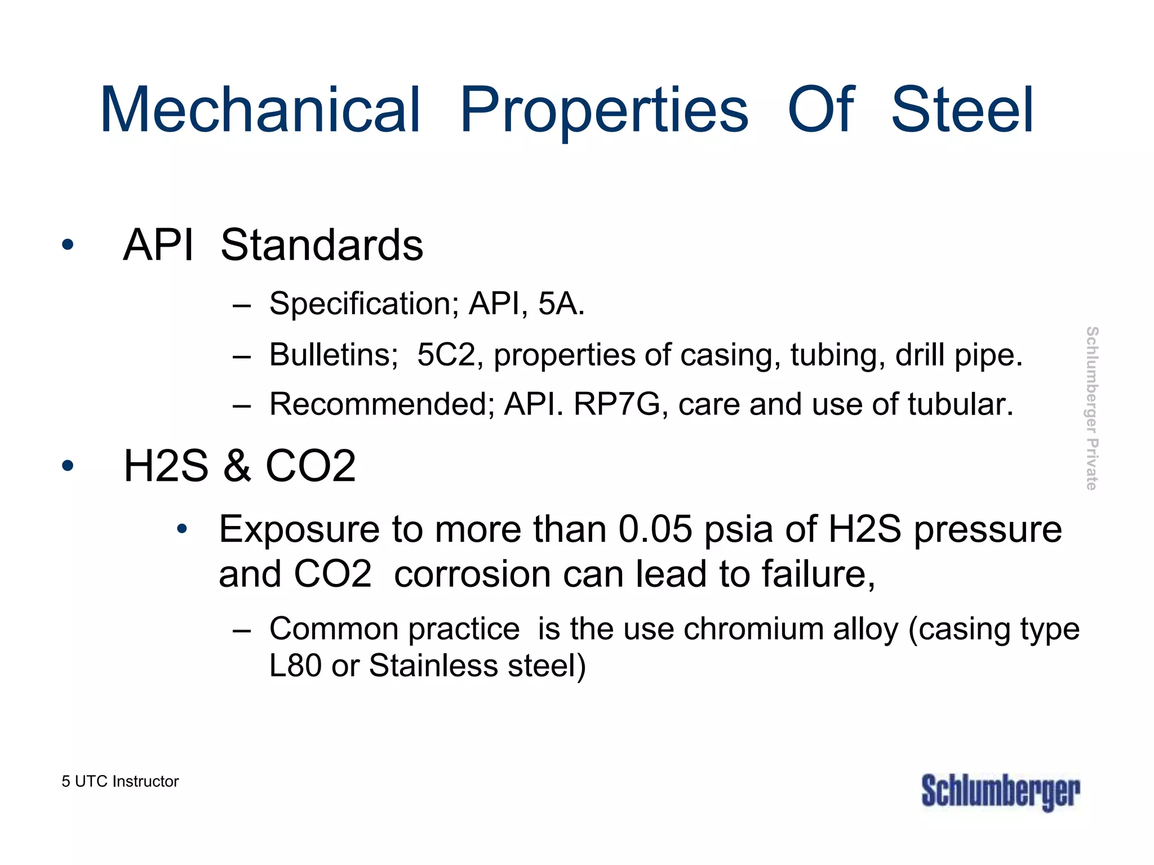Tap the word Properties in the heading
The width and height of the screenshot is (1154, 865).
(604, 110)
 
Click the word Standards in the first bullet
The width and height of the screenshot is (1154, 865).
(322, 245)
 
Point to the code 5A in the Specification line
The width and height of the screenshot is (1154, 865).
(558, 304)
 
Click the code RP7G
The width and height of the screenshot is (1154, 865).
(616, 404)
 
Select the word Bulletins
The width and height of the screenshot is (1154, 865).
(334, 355)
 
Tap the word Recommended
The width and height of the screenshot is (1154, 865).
(381, 404)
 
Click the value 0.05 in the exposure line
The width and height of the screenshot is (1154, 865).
(655, 529)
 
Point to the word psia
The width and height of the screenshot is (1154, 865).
(738, 530)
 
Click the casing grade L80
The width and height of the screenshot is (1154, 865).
(295, 666)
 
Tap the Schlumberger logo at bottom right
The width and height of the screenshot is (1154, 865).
(1001, 792)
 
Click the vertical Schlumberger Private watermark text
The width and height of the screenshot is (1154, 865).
(1092, 408)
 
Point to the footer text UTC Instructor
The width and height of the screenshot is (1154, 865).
(126, 782)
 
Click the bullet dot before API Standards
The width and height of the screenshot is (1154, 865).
(68, 245)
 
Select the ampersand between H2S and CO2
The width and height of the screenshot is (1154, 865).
(237, 466)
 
